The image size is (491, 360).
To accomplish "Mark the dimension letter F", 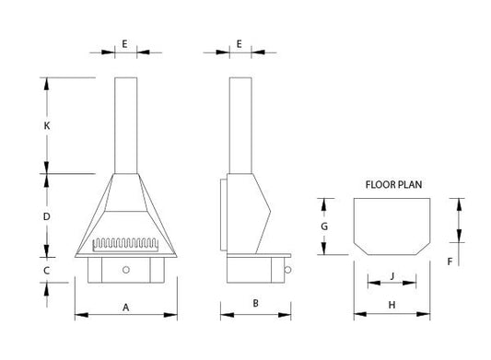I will pos(449,261).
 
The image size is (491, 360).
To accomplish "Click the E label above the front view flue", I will pos(124,43).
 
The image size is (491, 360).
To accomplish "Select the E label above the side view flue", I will pos(239,43).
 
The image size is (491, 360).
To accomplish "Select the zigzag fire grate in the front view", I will pos(125,246).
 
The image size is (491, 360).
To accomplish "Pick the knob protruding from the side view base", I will pos(289,270).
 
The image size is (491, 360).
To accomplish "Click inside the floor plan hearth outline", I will pos(392,226).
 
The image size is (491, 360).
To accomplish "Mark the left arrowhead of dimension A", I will pos(77,316).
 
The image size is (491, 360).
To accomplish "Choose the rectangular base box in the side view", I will pos(251,271).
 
